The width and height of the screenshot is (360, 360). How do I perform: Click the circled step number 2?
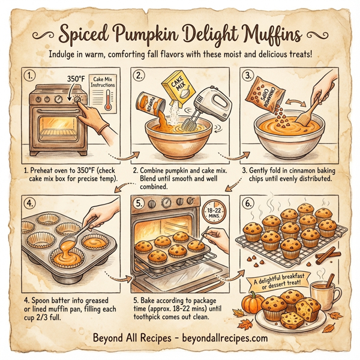140,76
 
